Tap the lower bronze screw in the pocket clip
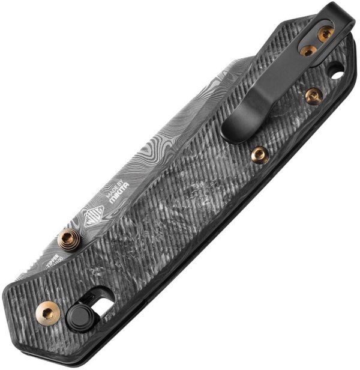[x=308, y=50]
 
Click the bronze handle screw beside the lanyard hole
[x=313, y=95]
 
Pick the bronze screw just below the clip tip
[x=259, y=155]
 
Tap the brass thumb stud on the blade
[x=68, y=240]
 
